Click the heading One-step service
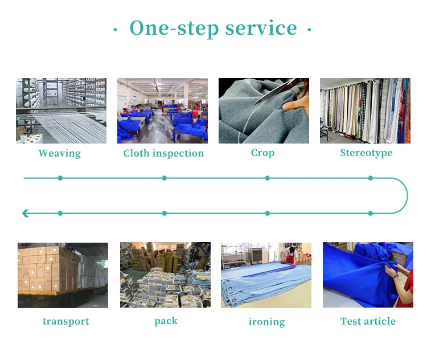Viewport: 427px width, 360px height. [213, 28]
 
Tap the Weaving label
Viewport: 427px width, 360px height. [60, 153]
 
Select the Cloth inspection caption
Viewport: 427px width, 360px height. [163, 153]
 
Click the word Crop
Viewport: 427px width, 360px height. [262, 153]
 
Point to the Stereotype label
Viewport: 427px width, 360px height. [366, 153]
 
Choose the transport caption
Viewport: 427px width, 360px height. [65, 321]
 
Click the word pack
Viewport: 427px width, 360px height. [166, 321]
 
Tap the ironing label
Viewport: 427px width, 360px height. [266, 322]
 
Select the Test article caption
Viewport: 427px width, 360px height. [368, 321]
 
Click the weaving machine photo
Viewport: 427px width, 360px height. [61, 111]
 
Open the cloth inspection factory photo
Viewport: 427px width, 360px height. [162, 111]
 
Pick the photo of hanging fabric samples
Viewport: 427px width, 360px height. [364, 111]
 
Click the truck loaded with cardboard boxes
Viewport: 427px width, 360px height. [63, 275]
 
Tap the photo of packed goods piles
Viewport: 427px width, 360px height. [165, 275]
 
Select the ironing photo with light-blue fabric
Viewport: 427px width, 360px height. [266, 275]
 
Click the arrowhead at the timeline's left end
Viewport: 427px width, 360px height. [25, 213]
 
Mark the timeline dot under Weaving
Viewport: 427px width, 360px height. [60, 178]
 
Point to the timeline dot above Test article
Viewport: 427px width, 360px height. [370, 213]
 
